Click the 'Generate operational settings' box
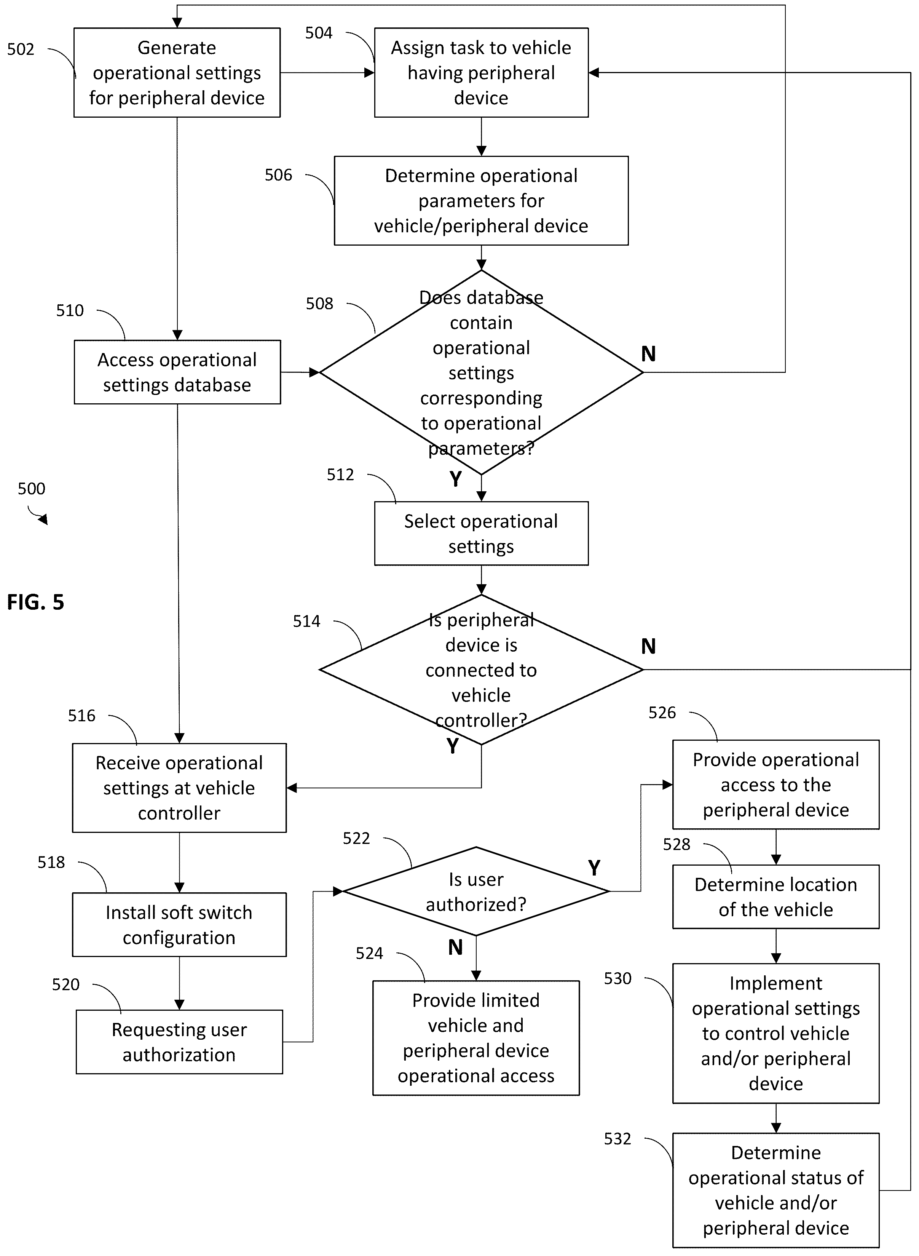177,72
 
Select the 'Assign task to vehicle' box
481,72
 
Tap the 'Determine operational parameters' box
481,200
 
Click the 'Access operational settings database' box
177,372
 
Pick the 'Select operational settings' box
481,534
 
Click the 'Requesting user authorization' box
179,1042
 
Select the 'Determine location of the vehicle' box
776,896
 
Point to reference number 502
21,50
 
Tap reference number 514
306,621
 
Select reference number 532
617,1139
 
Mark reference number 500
31,489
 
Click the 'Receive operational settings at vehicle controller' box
179,788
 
